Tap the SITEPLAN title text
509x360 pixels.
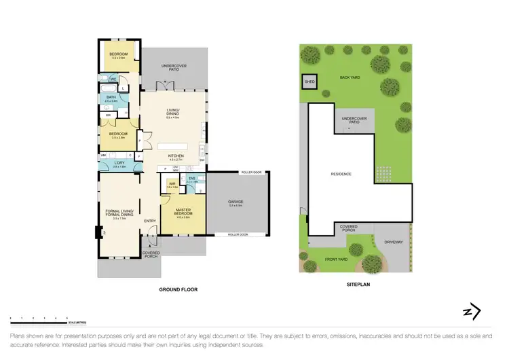[x=356, y=287]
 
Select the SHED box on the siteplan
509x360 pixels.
[x=309, y=80]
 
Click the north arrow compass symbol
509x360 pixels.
[x=471, y=311]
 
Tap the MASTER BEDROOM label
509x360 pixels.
[x=183, y=211]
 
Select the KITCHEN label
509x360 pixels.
[x=176, y=156]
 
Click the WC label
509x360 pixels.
[x=114, y=79]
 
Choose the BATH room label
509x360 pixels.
[x=111, y=97]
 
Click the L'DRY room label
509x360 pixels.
[x=119, y=163]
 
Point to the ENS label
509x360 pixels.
[x=192, y=179]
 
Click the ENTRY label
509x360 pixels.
[x=150, y=221]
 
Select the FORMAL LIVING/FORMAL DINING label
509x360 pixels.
[x=119, y=213]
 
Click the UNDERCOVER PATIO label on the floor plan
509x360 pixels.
[x=174, y=67]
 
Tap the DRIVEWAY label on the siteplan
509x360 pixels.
[x=394, y=242]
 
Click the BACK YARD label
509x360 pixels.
[x=350, y=77]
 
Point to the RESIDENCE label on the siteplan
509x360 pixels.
[x=341, y=175]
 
